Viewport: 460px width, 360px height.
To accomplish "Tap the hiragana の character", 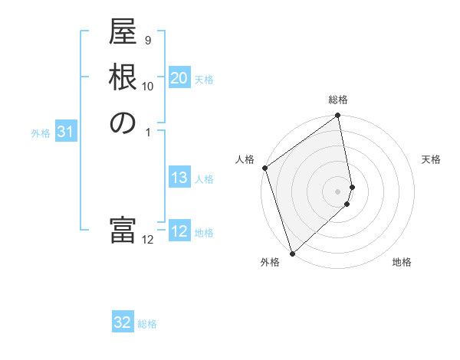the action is click(x=123, y=123).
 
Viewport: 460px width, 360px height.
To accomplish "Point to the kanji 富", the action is click(x=123, y=231).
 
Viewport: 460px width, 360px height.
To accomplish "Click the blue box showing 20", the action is click(x=179, y=79).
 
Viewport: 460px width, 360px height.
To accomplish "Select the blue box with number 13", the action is click(x=179, y=178).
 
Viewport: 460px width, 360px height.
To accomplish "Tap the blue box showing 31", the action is click(x=66, y=132).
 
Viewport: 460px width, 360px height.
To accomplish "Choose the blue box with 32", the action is click(x=123, y=323).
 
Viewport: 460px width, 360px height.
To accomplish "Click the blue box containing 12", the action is click(x=179, y=231).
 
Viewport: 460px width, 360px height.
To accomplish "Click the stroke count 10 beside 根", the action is click(x=147, y=86).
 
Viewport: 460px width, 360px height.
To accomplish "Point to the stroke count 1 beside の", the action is click(x=147, y=131).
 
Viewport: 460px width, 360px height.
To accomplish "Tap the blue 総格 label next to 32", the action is click(x=147, y=324).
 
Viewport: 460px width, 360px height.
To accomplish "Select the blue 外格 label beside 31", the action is click(x=41, y=133).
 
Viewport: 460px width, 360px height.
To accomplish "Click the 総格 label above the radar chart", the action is click(x=338, y=100).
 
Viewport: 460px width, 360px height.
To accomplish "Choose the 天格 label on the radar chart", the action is click(x=431, y=159).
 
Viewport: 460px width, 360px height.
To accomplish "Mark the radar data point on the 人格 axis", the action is click(x=264, y=168).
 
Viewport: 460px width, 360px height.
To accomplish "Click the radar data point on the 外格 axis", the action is click(x=292, y=253).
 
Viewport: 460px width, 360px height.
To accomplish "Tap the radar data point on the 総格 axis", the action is click(x=338, y=117).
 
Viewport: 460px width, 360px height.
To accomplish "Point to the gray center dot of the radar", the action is click(x=338, y=191).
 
